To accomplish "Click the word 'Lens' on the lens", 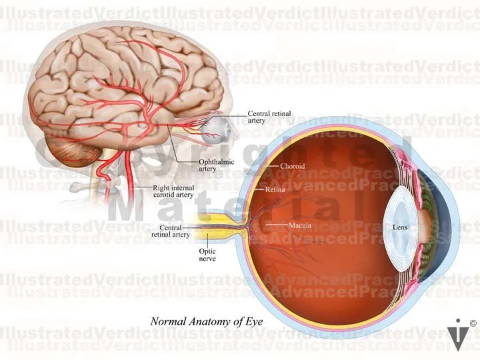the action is coord(400,227).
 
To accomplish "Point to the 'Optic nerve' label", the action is coord(207,255).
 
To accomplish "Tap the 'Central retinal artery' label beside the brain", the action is coord(268,117).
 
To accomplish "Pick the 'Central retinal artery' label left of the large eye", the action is coord(171,231).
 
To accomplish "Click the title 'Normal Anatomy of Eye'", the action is coord(207,321).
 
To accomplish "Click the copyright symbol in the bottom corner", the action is coord(473,323).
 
